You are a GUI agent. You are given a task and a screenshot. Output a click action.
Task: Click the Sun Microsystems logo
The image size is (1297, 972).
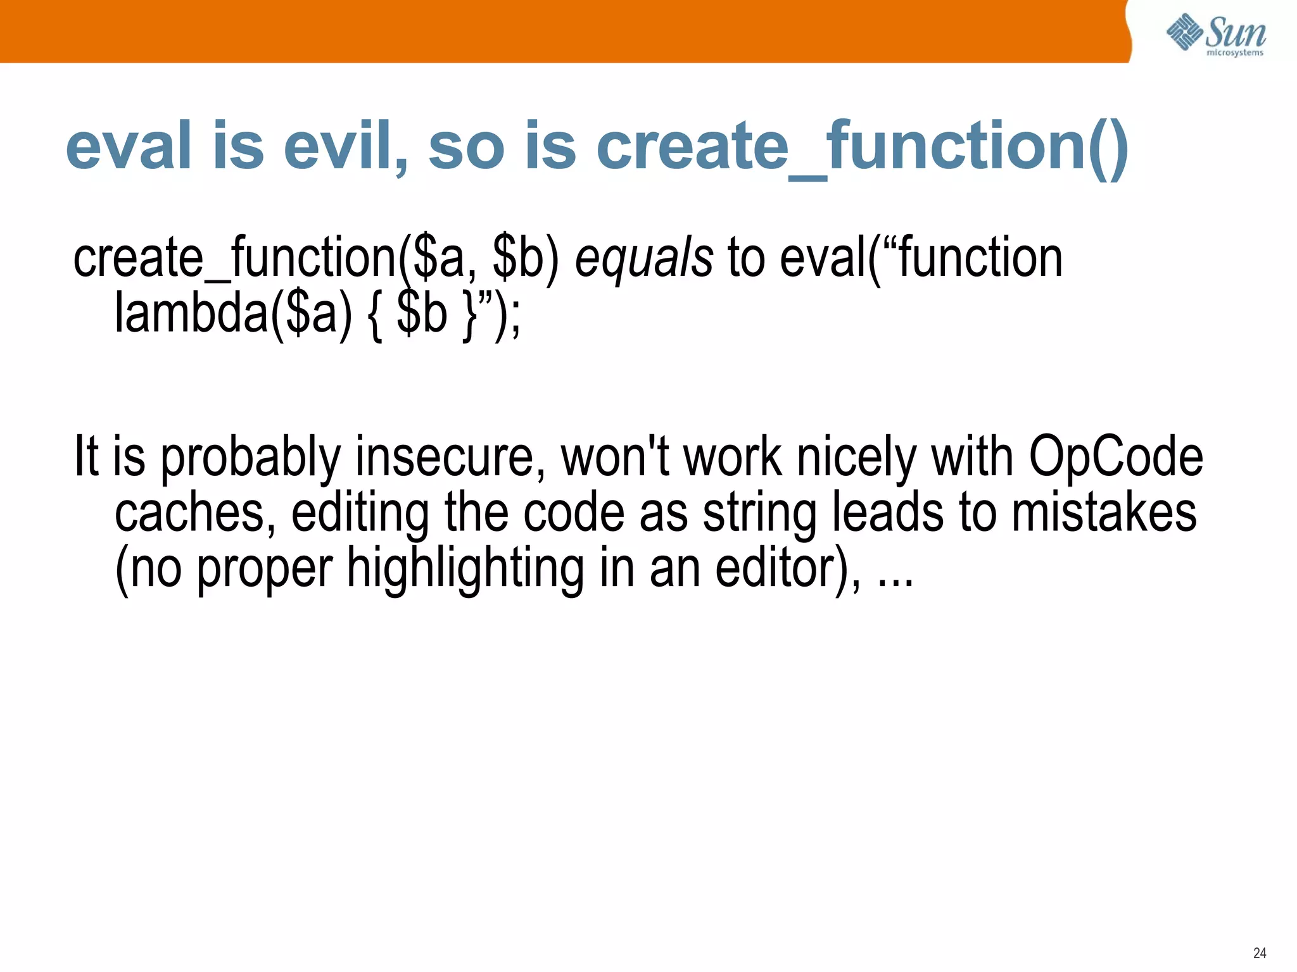[1215, 35]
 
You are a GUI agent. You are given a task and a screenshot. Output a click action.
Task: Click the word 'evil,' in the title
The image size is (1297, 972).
[345, 146]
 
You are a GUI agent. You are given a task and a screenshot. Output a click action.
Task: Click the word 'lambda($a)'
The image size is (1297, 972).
[232, 314]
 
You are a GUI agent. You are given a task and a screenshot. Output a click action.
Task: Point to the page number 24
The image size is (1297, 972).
[1259, 952]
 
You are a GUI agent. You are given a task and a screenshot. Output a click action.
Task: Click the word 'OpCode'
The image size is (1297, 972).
[1115, 457]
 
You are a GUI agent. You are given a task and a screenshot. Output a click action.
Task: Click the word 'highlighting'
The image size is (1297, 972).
[465, 568]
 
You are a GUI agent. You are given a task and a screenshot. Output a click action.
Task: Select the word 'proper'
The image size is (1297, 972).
[264, 568]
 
